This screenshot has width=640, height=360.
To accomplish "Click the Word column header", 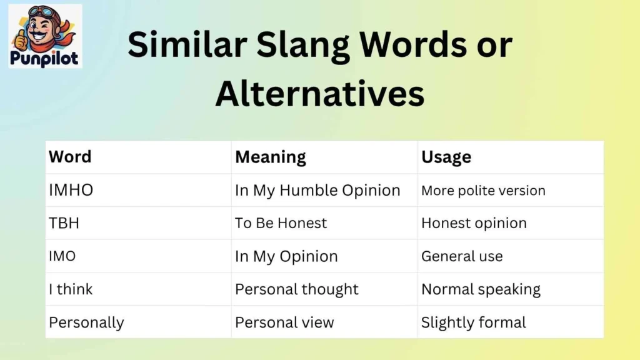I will pyautogui.click(x=70, y=157).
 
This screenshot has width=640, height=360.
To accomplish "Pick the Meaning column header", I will pyautogui.click(x=270, y=157).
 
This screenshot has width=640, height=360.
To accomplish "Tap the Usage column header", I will pyautogui.click(x=446, y=157).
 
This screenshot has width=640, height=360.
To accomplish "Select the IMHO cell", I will pyautogui.click(x=71, y=191).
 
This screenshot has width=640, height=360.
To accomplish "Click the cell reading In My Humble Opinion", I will pyautogui.click(x=317, y=191).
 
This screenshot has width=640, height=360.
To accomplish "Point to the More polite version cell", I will pyautogui.click(x=483, y=191).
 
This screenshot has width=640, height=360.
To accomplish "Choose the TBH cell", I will pyautogui.click(x=64, y=223).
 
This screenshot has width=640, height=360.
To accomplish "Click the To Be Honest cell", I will pyautogui.click(x=281, y=223).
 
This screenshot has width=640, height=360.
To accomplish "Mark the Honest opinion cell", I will pyautogui.click(x=474, y=223).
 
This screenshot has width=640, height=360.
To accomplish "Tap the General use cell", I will pyautogui.click(x=462, y=256).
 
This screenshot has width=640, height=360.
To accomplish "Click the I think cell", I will pyautogui.click(x=71, y=289).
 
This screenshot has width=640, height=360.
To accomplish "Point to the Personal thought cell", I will pyautogui.click(x=297, y=289).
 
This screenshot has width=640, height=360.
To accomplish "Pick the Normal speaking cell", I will pyautogui.click(x=481, y=289).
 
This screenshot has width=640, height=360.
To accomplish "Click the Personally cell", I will pyautogui.click(x=86, y=322).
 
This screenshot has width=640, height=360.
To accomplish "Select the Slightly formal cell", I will pyautogui.click(x=473, y=322).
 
